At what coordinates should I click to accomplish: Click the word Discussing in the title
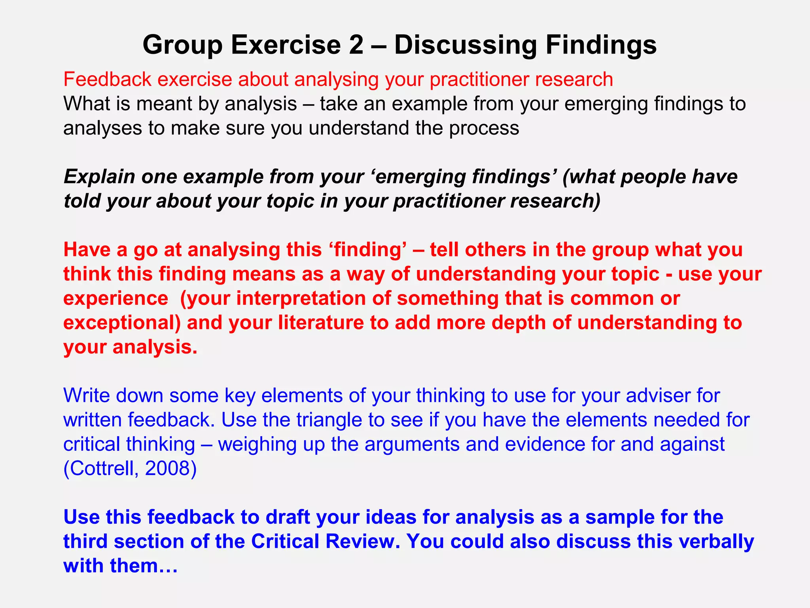click(466, 45)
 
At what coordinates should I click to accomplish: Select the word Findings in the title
click(601, 45)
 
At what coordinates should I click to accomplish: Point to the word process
click(484, 128)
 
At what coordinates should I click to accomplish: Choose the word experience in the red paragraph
click(115, 298)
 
